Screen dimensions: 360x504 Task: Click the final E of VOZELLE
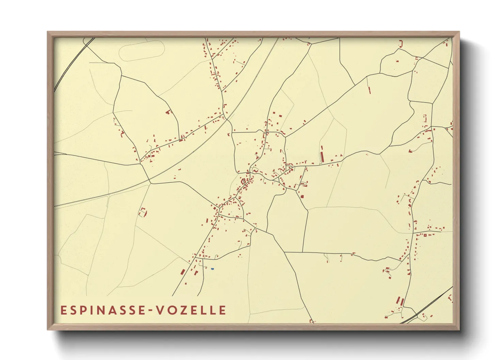[222, 310]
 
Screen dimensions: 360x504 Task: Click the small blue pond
[212, 269]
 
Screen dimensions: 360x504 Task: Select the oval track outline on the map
[142, 51]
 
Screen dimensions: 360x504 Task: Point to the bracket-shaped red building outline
[401, 44]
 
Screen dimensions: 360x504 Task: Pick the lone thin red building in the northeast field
[369, 90]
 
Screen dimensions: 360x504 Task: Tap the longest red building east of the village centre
[322, 154]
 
